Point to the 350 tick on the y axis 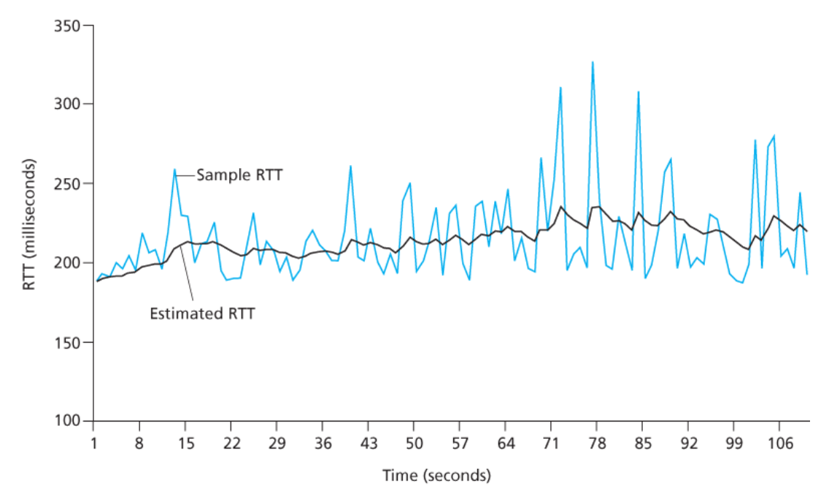point(68,26)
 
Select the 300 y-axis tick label point(68,104)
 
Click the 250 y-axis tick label point(68,183)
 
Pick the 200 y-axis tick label point(68,263)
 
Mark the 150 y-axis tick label point(68,342)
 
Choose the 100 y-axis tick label point(68,421)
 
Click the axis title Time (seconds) point(436,476)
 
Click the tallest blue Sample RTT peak point(593,63)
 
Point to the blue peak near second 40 point(351,167)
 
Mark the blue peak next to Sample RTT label point(175,170)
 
